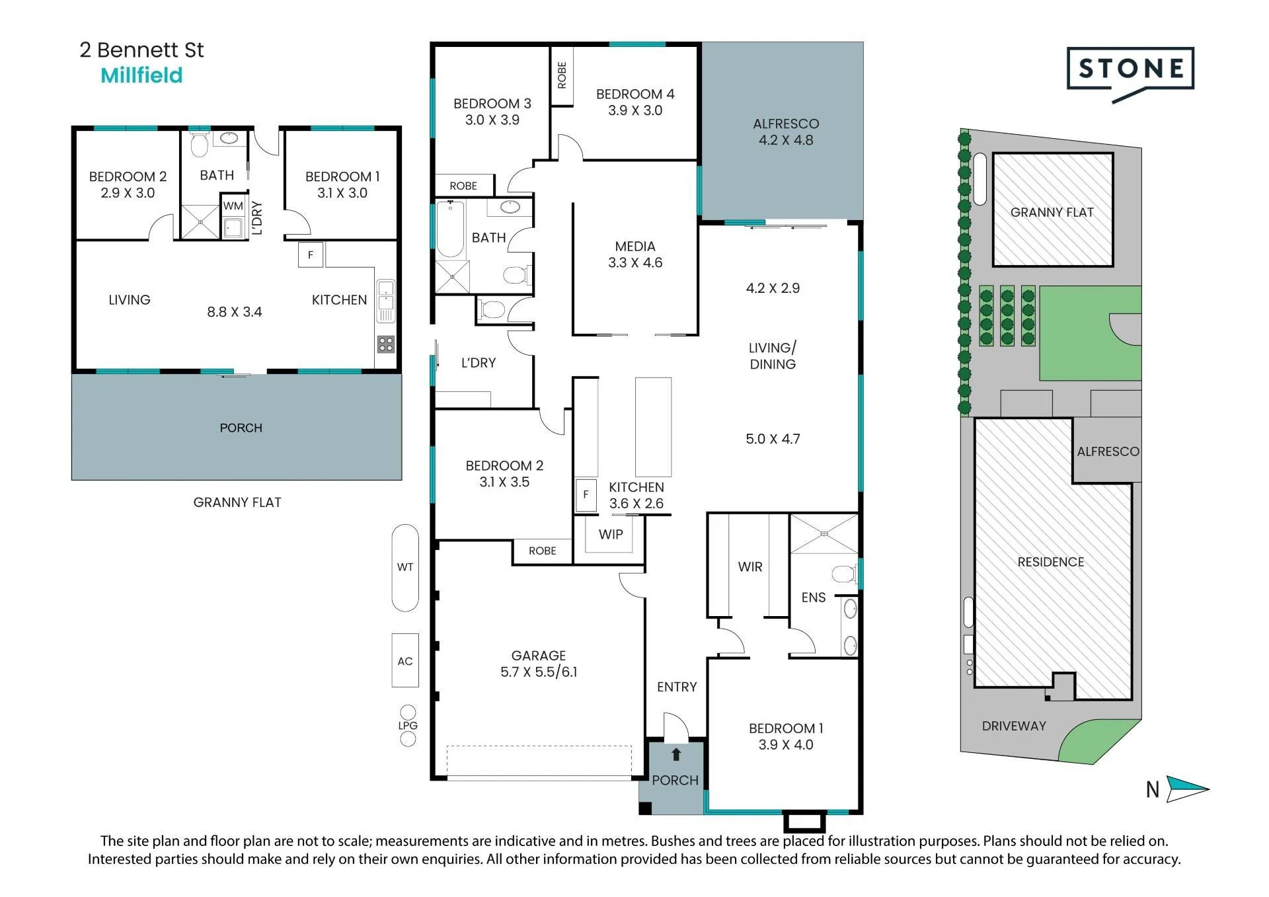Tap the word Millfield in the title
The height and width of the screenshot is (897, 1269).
141,75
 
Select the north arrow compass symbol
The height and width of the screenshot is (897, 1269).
1187,789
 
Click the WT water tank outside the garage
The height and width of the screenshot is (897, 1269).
405,567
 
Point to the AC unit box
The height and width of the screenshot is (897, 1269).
405,660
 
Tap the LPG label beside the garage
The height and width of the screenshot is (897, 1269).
408,725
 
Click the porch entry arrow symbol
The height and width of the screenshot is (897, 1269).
675,755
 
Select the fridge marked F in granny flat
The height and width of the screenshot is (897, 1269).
311,254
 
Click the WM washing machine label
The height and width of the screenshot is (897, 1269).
233,206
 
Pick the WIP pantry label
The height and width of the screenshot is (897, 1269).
611,534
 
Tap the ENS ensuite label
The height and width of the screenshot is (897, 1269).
814,598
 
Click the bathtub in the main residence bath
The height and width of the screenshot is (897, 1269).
450,229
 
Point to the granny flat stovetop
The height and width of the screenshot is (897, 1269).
386,344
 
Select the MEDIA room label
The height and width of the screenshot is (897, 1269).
635,247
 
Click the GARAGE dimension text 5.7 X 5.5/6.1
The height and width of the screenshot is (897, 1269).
539,672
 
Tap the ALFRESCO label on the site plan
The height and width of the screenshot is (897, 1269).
1108,451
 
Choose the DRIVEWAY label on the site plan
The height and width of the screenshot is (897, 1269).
1014,726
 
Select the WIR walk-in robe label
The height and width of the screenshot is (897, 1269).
750,566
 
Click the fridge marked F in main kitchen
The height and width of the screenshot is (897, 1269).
586,494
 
